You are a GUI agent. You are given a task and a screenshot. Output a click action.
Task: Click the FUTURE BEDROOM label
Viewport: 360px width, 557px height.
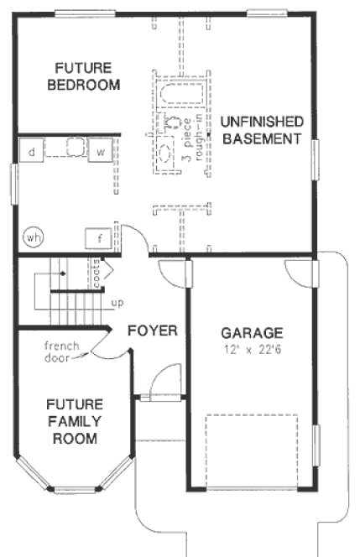click(83, 76)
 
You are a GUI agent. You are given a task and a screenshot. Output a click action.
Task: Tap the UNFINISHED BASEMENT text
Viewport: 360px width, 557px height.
click(261, 130)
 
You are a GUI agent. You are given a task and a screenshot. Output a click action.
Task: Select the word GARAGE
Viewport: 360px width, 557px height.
click(251, 331)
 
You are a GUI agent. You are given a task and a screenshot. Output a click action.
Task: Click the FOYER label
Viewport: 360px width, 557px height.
click(152, 331)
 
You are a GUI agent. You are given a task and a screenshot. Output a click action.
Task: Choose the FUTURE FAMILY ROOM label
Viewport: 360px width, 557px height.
click(74, 420)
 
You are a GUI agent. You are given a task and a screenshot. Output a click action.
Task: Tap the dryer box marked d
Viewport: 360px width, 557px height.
click(31, 152)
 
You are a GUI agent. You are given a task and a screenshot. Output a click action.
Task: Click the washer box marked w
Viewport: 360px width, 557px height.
click(99, 152)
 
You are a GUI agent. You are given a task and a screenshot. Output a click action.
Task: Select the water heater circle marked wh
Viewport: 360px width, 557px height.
click(33, 237)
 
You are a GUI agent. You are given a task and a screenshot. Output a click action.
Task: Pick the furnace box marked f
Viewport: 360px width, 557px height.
click(99, 238)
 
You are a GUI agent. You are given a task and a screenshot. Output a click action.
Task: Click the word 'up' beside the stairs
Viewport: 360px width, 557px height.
click(118, 302)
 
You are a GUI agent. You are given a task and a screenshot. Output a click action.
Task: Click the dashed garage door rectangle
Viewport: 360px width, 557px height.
click(252, 450)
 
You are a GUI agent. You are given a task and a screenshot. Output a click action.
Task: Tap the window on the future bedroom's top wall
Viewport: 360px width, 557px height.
click(79, 13)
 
